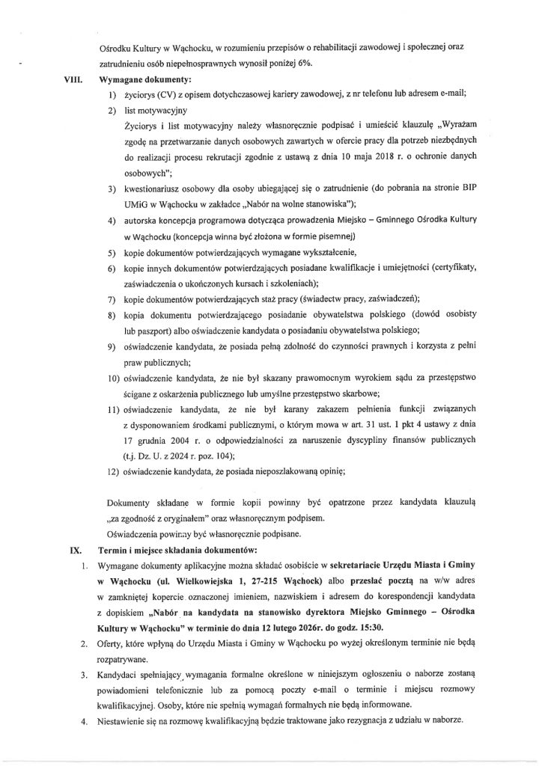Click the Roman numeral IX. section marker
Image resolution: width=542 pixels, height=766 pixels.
tap(75, 548)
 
